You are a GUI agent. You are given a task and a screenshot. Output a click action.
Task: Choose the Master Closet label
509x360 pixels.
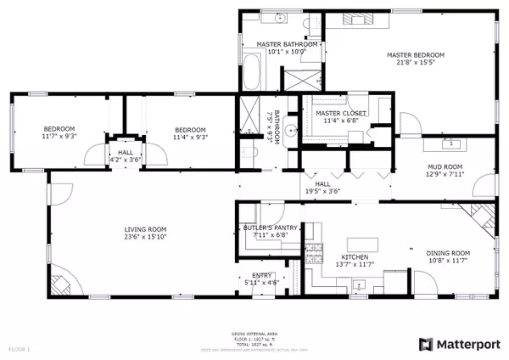[x=335, y=113]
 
